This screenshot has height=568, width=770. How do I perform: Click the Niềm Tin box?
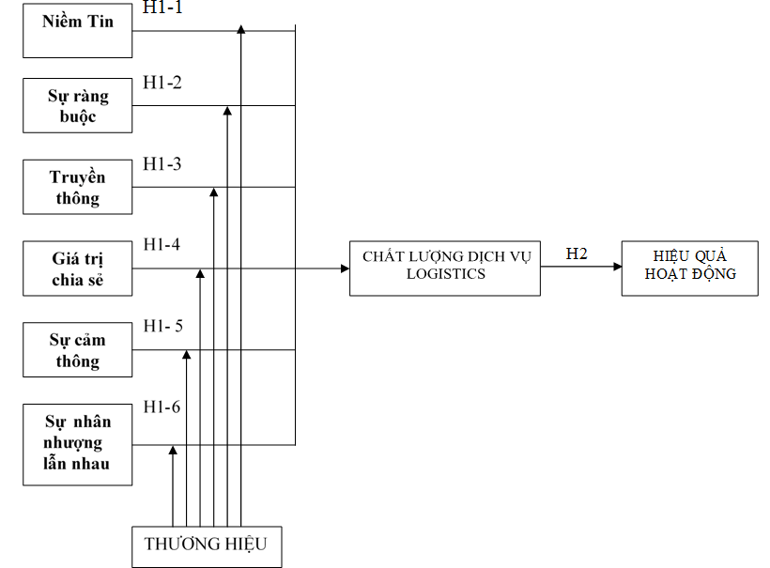click(x=77, y=30)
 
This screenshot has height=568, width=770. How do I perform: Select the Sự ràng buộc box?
click(x=77, y=105)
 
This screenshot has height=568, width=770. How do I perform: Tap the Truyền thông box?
click(x=77, y=187)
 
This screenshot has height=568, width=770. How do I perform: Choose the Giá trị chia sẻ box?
click(x=77, y=269)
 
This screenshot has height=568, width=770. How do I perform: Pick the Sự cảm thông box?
click(x=77, y=350)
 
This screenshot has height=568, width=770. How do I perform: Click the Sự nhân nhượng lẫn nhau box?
click(x=77, y=443)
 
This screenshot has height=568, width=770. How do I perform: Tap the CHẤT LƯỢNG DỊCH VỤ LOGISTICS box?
click(x=445, y=268)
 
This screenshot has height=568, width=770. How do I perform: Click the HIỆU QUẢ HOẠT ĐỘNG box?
click(x=689, y=268)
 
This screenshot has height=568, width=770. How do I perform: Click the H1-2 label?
click(x=162, y=82)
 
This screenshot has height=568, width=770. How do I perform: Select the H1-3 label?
click(x=162, y=163)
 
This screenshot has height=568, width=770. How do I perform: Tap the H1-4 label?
click(x=162, y=244)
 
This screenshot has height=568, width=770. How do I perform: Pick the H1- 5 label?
click(x=163, y=326)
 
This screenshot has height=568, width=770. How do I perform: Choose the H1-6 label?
click(x=162, y=407)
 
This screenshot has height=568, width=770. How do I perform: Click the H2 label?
click(x=577, y=253)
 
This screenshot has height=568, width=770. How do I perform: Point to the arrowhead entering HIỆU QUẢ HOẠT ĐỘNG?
click(x=616, y=267)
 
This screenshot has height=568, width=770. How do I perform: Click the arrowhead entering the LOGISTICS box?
click(x=345, y=269)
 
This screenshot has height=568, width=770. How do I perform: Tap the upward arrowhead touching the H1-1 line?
click(x=241, y=31)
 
